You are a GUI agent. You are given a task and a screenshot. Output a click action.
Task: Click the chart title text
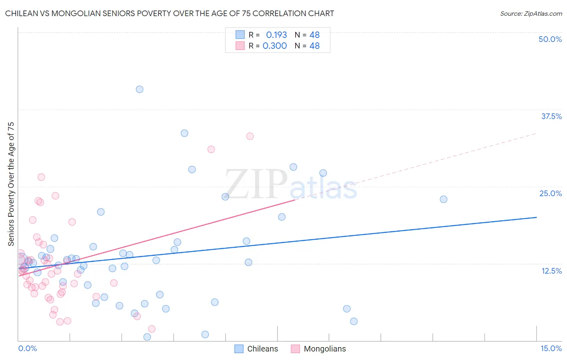tap(169, 13)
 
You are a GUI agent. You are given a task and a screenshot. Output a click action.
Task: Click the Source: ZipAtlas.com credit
tap(531, 13)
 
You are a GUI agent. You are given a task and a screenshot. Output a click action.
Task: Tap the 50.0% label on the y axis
tap(550, 39)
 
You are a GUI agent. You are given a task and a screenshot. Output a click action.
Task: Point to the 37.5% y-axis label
tap(551, 116)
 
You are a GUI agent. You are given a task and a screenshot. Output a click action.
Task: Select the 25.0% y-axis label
tap(550, 193)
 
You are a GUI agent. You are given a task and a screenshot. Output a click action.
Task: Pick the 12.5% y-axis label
tap(551, 271)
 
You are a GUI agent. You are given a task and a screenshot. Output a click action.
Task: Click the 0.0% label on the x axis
tap(27, 348)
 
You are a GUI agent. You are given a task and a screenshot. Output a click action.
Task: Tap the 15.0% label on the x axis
tap(551, 348)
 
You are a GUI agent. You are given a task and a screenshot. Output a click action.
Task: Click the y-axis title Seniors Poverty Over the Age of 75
tap(11, 184)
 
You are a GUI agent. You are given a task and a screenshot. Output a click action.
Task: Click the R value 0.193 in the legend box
tap(276, 35)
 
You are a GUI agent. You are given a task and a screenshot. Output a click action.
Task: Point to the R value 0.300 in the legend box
tap(275, 46)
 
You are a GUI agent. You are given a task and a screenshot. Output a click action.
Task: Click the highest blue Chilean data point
tap(140, 89)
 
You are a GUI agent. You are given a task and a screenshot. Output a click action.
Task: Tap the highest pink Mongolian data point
tap(250, 136)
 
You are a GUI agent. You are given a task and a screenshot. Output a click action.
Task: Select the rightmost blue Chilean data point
tap(444, 199)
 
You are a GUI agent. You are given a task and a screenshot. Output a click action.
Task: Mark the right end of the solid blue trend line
tap(536, 217)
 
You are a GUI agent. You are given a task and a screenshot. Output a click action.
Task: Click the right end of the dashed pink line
tap(536, 133)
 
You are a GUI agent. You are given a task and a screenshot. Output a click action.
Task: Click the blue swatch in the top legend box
tap(240, 35)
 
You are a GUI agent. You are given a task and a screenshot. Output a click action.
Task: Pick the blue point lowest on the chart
tap(147, 337)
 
